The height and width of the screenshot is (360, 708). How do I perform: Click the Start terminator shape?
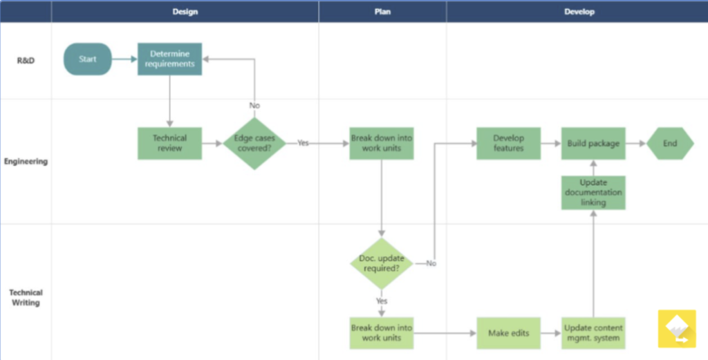point(88,59)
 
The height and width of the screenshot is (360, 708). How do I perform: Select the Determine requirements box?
point(170,59)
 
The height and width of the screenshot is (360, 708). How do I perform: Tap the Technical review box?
point(170,144)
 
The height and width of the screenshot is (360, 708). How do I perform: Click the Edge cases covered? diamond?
point(254,144)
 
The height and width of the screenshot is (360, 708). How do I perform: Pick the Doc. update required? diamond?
point(382,263)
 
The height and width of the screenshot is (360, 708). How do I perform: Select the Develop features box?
point(508,144)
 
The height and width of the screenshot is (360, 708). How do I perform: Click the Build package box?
point(593,144)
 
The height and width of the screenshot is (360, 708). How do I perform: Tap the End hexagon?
point(670,144)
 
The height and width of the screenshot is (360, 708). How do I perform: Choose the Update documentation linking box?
point(593,193)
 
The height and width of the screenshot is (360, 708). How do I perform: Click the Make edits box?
point(508,333)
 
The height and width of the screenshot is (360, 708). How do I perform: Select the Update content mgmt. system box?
point(593,333)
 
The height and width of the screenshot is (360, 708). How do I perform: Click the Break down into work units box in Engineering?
point(382,144)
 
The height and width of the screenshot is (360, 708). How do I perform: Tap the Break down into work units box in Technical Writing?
point(382,333)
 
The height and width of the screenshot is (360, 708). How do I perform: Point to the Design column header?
point(185,12)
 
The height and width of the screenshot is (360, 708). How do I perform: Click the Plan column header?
point(382,12)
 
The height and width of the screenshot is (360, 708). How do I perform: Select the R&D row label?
point(26,61)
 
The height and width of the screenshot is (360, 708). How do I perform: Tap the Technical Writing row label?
point(26,298)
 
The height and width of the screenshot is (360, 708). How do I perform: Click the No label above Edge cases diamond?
point(254,106)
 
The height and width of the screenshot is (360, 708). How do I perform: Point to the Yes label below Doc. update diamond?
point(382,301)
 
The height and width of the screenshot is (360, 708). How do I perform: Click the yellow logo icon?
point(677,329)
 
